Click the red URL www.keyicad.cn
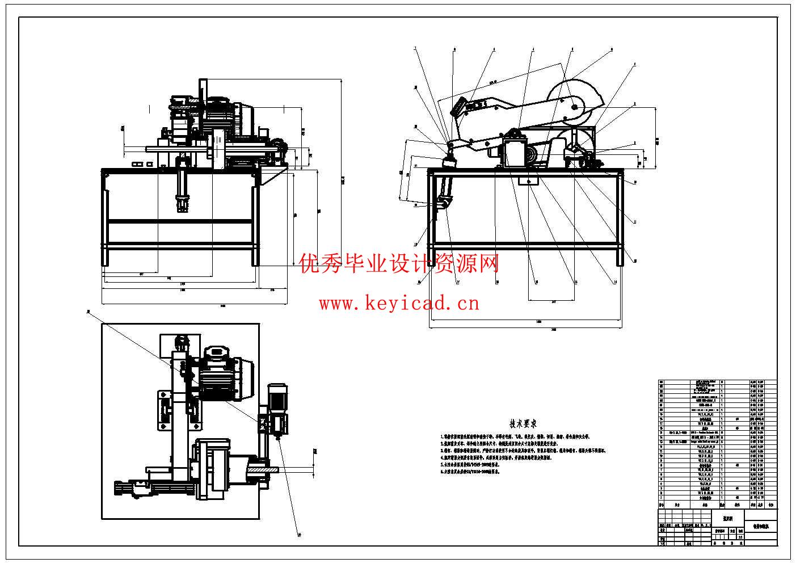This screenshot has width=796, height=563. point(398,304)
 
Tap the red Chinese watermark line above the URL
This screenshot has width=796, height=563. point(399,264)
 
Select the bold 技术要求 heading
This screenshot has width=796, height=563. point(523,423)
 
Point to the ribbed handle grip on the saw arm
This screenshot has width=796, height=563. point(458,107)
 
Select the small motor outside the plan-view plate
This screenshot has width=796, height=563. point(277,406)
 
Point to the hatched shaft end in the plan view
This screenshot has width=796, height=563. point(263,470)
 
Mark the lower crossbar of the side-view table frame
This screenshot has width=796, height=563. point(525,246)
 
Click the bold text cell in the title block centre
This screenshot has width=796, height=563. point(727,518)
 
